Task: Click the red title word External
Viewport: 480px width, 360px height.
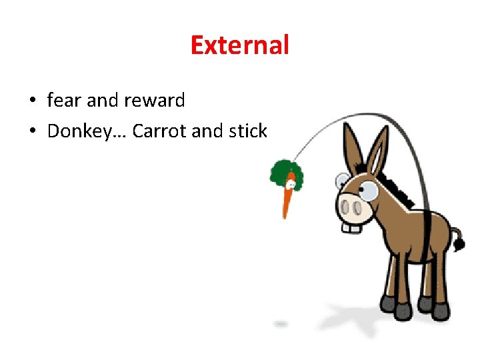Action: pyautogui.click(x=239, y=45)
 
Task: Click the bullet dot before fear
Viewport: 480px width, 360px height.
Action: pyautogui.click(x=32, y=101)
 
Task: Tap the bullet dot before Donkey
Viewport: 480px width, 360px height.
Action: pyautogui.click(x=32, y=132)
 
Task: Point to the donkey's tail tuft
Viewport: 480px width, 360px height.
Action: pyautogui.click(x=459, y=244)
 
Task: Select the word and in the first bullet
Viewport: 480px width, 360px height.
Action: pyautogui.click(x=103, y=101)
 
